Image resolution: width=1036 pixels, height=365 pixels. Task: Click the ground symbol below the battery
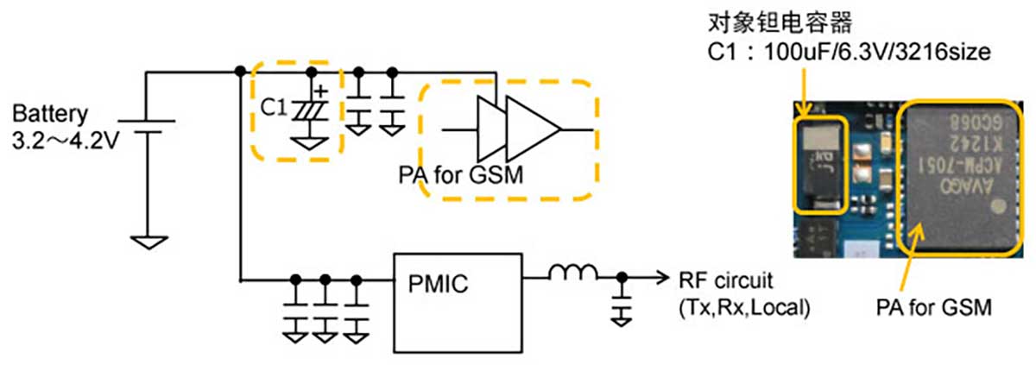(x=148, y=242)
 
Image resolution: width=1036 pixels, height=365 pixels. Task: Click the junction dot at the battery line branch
(x=239, y=71)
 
